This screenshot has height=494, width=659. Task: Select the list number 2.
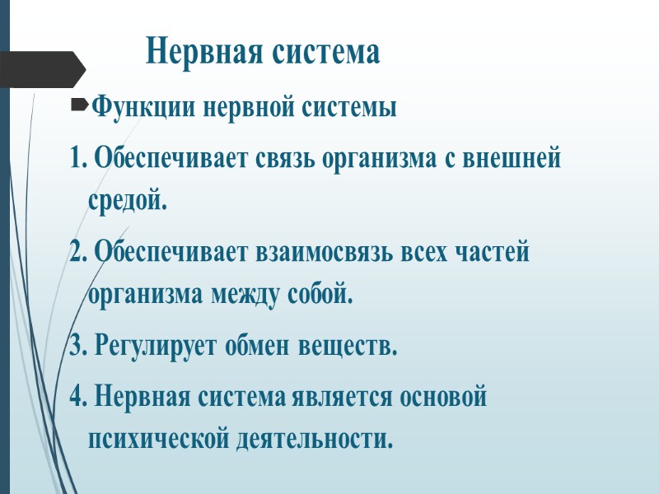pyautogui.click(x=78, y=252)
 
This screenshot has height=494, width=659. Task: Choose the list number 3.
pyautogui.click(x=78, y=347)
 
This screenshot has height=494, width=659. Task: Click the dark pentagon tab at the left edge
pyautogui.click(x=41, y=69)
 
